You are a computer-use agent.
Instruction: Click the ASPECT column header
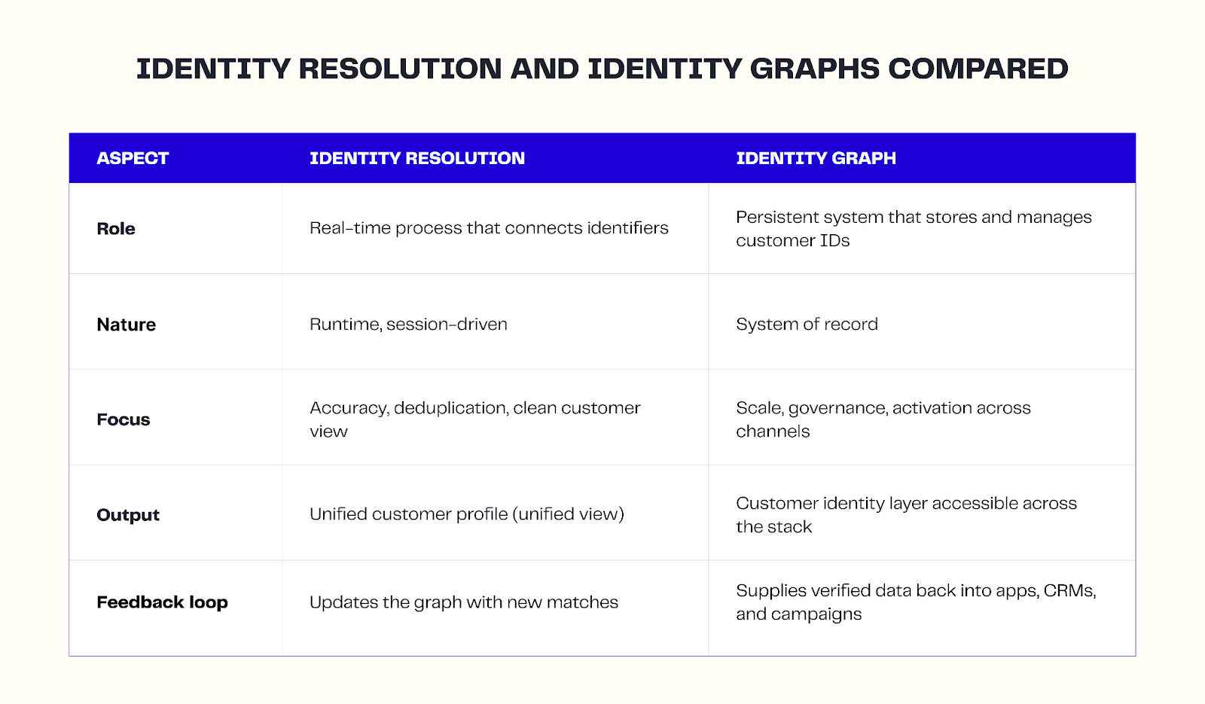click(x=133, y=158)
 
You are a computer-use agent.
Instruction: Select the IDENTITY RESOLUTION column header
click(x=416, y=158)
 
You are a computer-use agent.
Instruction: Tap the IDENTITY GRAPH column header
click(x=816, y=158)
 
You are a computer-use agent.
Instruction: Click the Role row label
click(x=116, y=229)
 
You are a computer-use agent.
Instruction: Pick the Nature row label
click(x=126, y=325)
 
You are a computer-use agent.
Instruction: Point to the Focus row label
click(x=123, y=419)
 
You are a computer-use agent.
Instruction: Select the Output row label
click(x=128, y=515)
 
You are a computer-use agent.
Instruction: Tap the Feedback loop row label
click(x=162, y=602)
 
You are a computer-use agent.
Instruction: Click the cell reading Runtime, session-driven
click(x=408, y=325)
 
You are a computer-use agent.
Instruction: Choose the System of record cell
click(x=807, y=325)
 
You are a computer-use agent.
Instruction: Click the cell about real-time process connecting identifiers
click(x=489, y=228)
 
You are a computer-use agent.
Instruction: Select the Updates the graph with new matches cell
click(x=463, y=602)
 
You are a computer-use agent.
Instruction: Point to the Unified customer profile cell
click(x=466, y=514)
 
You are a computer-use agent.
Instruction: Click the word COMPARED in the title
click(x=978, y=69)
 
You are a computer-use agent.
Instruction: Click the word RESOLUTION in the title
click(x=400, y=69)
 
